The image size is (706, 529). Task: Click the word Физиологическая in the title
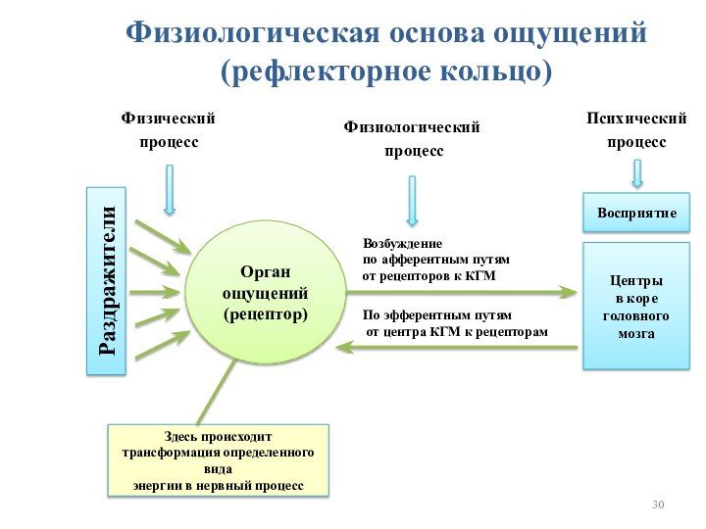click(x=252, y=31)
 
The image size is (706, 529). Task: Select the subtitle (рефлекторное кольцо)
click(x=385, y=71)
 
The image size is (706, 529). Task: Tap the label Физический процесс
click(x=168, y=130)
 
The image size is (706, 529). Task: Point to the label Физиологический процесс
click(x=412, y=139)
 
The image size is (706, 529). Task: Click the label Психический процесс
click(x=636, y=130)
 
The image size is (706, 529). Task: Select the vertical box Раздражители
click(x=107, y=281)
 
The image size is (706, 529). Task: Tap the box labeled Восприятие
click(x=636, y=213)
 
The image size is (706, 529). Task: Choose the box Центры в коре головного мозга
click(x=635, y=307)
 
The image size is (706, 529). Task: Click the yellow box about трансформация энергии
click(x=218, y=459)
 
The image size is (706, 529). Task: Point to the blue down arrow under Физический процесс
click(x=170, y=190)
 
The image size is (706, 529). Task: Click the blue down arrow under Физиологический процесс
click(x=412, y=201)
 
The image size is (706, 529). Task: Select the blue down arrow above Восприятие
click(x=637, y=173)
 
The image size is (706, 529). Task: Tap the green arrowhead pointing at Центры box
click(x=568, y=291)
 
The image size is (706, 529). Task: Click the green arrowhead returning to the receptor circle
click(x=346, y=347)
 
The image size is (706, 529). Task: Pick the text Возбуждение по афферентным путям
click(x=436, y=260)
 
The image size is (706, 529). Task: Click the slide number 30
click(x=658, y=505)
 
